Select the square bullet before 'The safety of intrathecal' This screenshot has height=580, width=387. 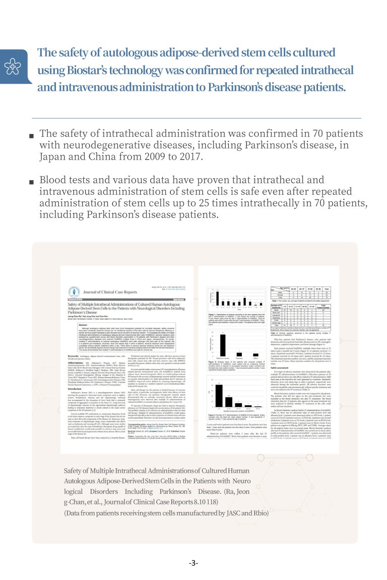point(32,135)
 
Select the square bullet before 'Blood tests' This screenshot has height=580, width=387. point(32,181)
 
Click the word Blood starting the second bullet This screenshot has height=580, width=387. point(53,180)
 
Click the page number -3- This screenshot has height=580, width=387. point(193,562)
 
